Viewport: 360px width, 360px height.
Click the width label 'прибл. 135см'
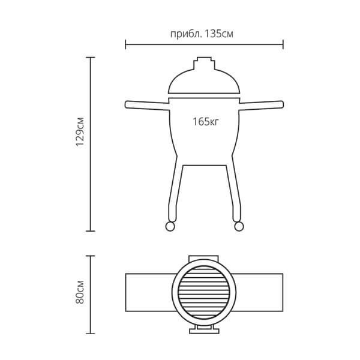coord(202,34)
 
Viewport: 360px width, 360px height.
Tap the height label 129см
coord(80,132)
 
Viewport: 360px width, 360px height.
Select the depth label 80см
coord(80,292)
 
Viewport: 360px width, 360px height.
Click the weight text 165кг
coord(205,121)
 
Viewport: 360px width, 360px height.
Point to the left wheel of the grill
coord(170,226)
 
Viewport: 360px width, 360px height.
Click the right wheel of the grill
coord(239,226)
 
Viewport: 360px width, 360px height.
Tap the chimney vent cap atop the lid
coord(204,64)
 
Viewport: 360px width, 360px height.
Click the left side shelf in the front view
coord(148,105)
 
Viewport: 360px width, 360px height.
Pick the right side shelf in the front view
coord(261,105)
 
